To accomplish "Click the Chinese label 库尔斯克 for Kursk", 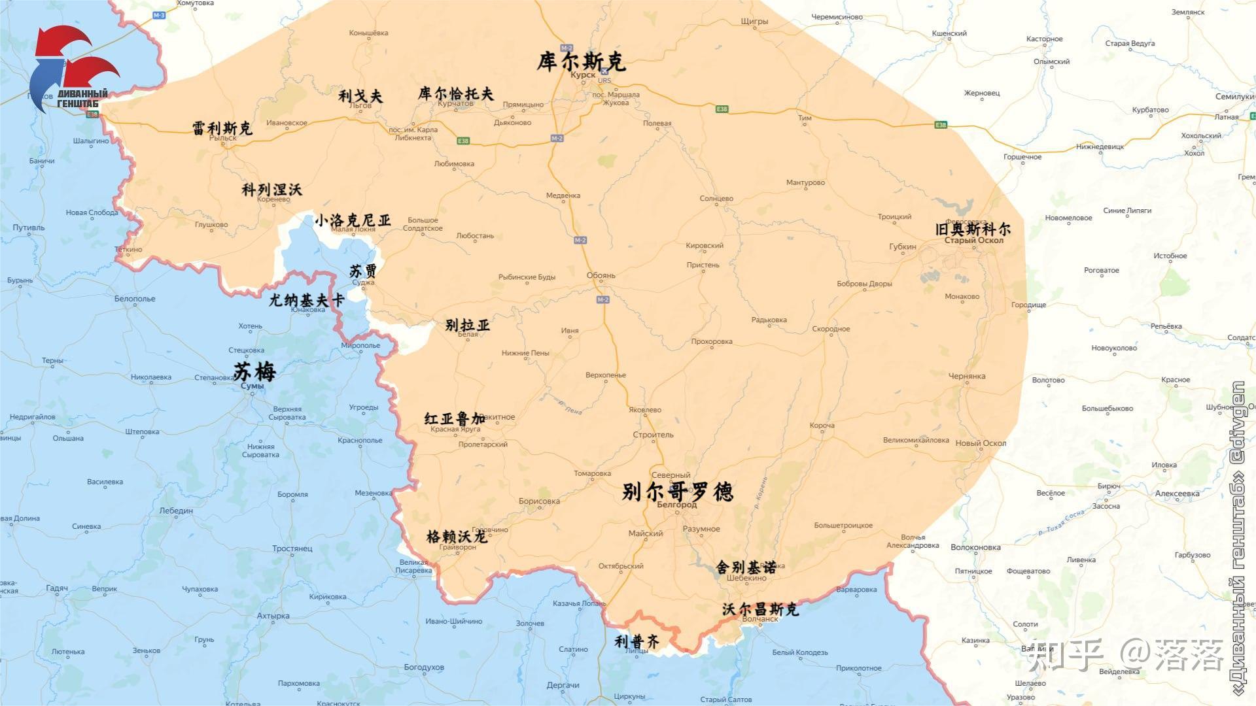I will tap(581, 61).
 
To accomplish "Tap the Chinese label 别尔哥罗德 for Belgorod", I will tap(677, 491).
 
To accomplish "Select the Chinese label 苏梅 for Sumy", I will tap(254, 371).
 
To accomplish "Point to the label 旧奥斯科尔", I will tap(973, 229).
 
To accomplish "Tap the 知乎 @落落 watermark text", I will tap(1125, 655).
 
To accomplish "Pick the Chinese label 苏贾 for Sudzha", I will tap(362, 271).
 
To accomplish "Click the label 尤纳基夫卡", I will tap(307, 300).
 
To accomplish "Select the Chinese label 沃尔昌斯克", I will tap(760, 609).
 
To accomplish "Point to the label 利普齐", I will tap(637, 642).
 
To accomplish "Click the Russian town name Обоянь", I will tap(601, 275).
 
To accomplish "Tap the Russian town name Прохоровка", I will tap(712, 341).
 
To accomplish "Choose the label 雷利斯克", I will tap(222, 127).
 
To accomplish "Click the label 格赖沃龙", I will tap(457, 537).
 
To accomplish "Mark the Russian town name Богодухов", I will tap(424, 667).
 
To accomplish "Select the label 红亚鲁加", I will tap(455, 418).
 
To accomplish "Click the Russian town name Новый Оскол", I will tap(981, 443).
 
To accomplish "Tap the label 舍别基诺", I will tap(746, 567).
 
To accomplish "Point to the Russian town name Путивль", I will tap(29, 227).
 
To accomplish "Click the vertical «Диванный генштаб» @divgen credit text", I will tap(1238, 536).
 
